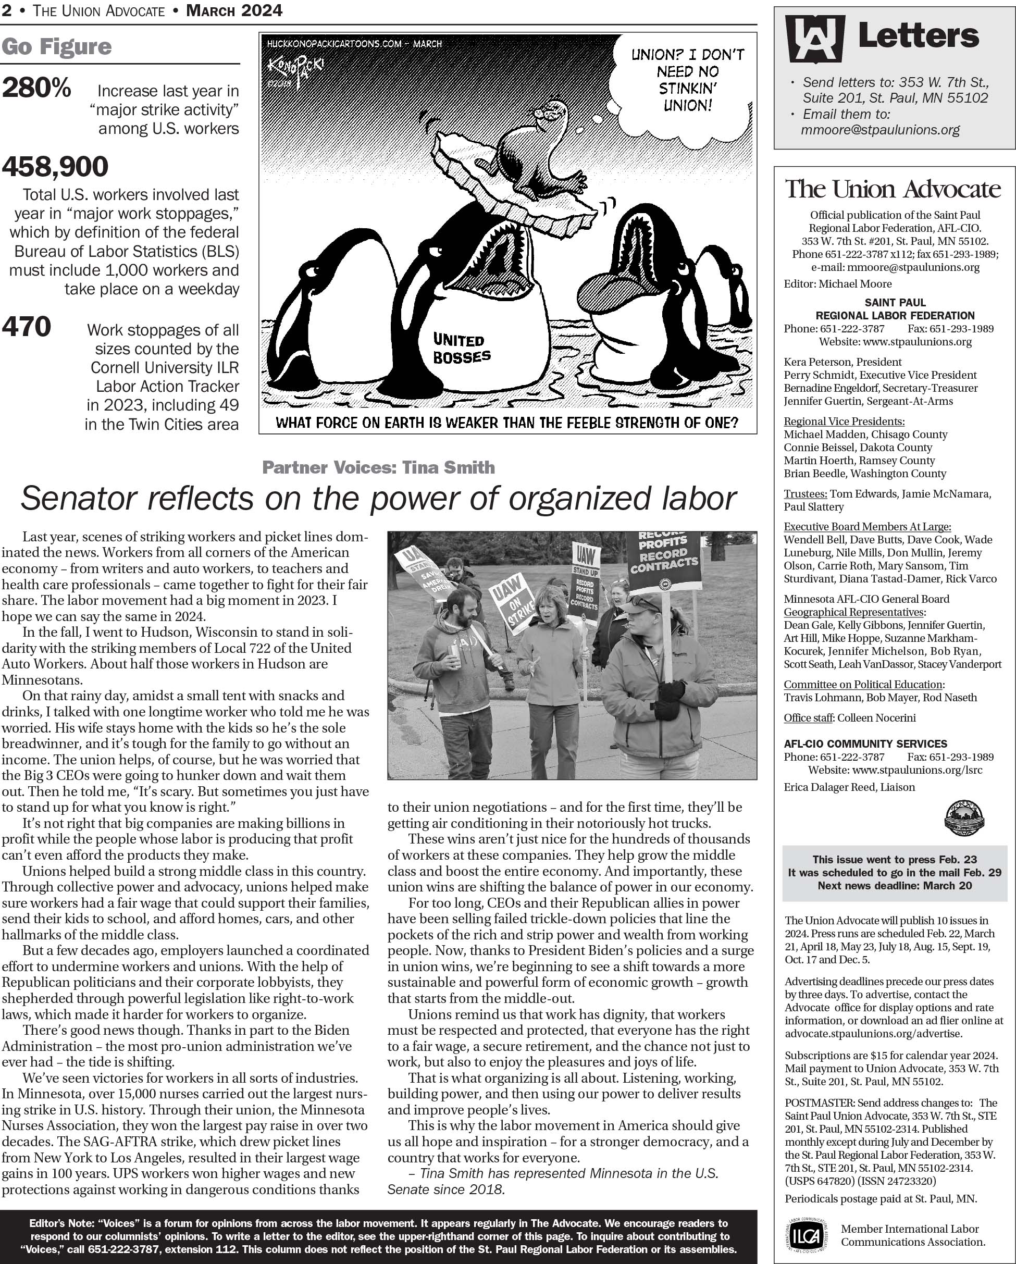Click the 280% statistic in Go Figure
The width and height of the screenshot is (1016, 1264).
pyautogui.click(x=36, y=89)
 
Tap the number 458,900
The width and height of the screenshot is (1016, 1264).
pyautogui.click(x=55, y=167)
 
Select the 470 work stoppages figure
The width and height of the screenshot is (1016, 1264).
pyautogui.click(x=27, y=327)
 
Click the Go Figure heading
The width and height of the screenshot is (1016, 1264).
pyautogui.click(x=56, y=47)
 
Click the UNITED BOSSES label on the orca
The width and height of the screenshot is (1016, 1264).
pyautogui.click(x=462, y=348)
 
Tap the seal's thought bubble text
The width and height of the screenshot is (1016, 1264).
pyautogui.click(x=687, y=80)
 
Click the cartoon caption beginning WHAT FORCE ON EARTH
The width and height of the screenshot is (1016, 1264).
pyautogui.click(x=506, y=423)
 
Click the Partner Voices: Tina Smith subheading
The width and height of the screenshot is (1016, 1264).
pyautogui.click(x=378, y=467)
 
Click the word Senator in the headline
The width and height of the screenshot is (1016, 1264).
pyautogui.click(x=79, y=500)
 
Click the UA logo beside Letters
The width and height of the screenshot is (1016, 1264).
pyautogui.click(x=814, y=38)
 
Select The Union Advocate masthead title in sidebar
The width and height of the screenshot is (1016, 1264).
pyautogui.click(x=893, y=189)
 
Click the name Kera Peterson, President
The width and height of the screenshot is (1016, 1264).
pyautogui.click(x=842, y=362)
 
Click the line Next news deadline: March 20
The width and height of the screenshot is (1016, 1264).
pyautogui.click(x=895, y=885)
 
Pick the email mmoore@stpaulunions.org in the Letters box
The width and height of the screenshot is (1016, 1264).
pyautogui.click(x=880, y=130)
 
